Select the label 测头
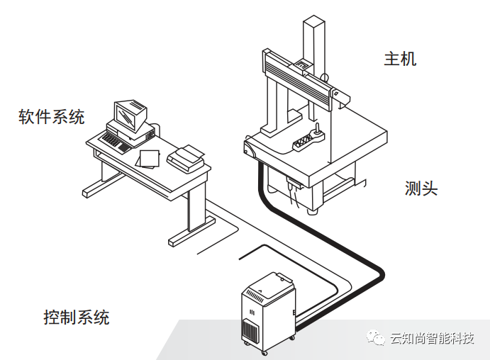pyautogui.click(x=421, y=189)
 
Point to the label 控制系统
pyautogui.click(x=77, y=317)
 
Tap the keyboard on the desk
pyautogui.click(x=114, y=142)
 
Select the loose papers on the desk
pyautogui.click(x=148, y=157)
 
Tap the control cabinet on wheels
pyautogui.click(x=269, y=308)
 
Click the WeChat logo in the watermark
pyautogui.click(x=376, y=338)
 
